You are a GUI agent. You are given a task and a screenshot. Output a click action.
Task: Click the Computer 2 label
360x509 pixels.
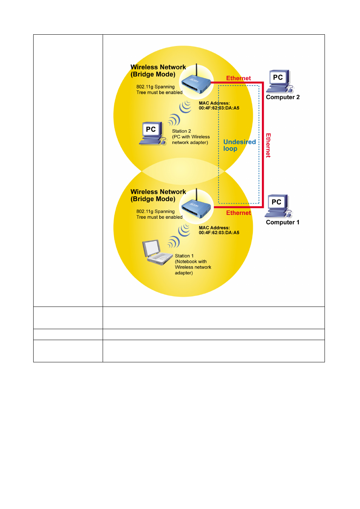(x=282, y=97)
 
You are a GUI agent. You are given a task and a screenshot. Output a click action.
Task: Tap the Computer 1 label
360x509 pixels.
(x=282, y=222)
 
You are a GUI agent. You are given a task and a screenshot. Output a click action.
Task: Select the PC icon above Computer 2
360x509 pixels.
(x=280, y=81)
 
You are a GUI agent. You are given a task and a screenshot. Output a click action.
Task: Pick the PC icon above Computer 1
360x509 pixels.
(x=278, y=206)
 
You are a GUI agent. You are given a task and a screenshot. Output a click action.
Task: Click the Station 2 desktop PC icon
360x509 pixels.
(x=152, y=133)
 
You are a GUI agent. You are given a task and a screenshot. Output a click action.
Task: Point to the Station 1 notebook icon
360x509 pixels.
(x=157, y=252)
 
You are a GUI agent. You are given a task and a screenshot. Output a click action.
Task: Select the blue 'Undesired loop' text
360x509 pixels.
(x=239, y=145)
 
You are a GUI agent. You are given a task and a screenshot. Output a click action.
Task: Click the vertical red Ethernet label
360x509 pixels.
(x=268, y=146)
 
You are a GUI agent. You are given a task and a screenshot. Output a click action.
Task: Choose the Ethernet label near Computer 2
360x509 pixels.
(x=238, y=78)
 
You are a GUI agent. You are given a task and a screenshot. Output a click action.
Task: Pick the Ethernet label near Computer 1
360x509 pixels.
(x=238, y=213)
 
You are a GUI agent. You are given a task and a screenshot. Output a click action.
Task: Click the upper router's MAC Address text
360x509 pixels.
(x=219, y=106)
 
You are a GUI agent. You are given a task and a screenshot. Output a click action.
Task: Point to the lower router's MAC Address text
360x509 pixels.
(x=219, y=230)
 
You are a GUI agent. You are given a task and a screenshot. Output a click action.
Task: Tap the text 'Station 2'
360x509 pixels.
(x=181, y=131)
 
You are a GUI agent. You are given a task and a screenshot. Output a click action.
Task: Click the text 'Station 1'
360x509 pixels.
(x=184, y=256)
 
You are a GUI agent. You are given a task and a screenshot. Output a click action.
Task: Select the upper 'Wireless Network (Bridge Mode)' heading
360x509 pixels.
(x=158, y=71)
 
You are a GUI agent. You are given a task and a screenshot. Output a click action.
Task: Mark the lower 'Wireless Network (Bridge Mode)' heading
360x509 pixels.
(x=158, y=195)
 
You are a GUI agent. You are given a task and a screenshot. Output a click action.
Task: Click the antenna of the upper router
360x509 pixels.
(x=197, y=71)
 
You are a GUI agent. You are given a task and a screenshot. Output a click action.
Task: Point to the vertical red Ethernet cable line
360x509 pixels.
(x=263, y=145)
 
